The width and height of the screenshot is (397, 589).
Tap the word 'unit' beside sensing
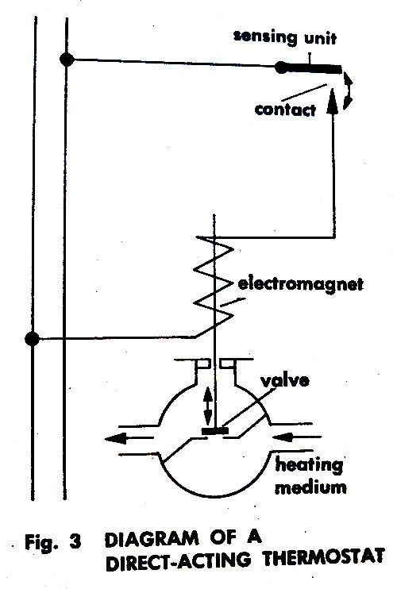pos(321,39)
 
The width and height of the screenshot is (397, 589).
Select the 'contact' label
pos(285,110)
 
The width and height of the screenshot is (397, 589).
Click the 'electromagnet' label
pos(301,284)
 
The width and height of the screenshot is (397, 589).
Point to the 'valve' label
pos(286,380)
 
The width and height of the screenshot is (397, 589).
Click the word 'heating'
pos(309,465)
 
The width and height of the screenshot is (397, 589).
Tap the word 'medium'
pos(310,487)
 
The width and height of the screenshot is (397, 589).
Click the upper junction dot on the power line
pos(67,60)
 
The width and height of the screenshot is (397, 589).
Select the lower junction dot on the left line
pos(33,339)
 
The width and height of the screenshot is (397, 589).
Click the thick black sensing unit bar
pos(309,68)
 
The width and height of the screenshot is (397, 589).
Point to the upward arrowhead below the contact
pos(333,101)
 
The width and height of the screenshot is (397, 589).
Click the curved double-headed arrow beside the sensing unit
pos(350,90)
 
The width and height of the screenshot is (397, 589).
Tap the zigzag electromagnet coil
pos(214,286)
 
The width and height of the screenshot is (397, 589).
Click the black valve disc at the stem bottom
pos(215,431)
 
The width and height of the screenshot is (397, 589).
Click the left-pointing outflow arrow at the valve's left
pos(129,438)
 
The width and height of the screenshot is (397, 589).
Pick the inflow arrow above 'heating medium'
pos(297,437)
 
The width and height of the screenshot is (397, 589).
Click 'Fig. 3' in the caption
pos(52,542)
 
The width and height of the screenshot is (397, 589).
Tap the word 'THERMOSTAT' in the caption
pos(324,557)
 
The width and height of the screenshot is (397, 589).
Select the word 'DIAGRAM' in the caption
pos(152,540)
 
